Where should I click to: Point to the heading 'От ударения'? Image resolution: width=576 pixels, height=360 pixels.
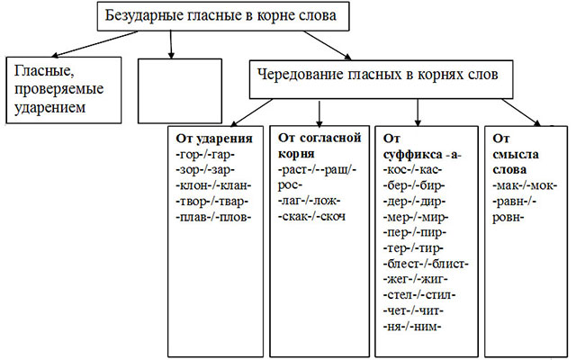pyautogui.click(x=215, y=139)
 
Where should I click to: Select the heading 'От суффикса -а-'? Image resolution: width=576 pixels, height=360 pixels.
pyautogui.click(x=420, y=147)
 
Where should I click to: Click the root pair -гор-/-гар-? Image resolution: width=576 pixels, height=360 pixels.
pyautogui.click(x=208, y=154)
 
